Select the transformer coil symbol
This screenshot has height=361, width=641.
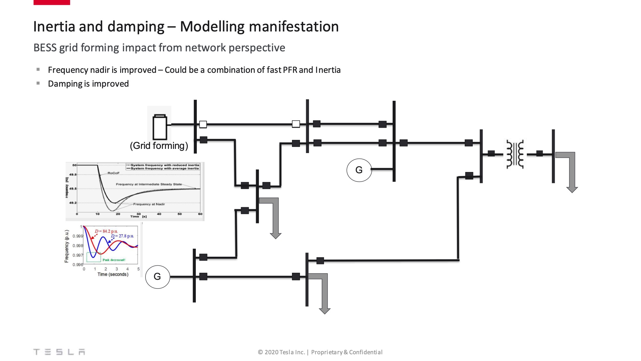(515, 154)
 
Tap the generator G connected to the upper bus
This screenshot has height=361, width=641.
(359, 170)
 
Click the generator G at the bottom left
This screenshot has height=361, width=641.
(157, 277)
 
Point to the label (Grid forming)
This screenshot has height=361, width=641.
(159, 146)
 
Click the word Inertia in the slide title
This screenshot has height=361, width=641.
(54, 27)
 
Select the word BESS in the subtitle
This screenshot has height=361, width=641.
(45, 48)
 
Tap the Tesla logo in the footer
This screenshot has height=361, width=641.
(59, 352)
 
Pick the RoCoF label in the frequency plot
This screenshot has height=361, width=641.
(113, 173)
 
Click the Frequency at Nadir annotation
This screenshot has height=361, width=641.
(149, 204)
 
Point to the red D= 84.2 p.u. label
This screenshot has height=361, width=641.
(106, 231)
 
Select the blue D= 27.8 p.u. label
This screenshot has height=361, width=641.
(122, 236)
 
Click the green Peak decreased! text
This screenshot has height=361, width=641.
(114, 260)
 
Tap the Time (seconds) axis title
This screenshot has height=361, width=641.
(113, 274)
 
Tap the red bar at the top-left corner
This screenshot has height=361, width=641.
(52, 2)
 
